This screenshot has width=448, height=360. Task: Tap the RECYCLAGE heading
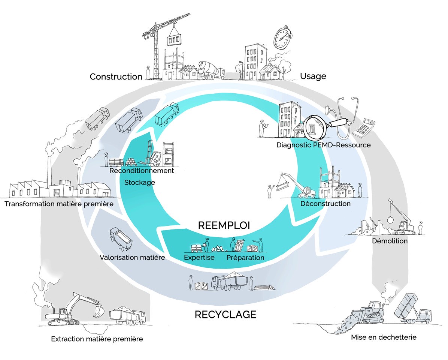coord(225,314)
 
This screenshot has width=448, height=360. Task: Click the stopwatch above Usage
coord(281,38)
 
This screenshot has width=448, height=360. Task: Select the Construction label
coord(116,77)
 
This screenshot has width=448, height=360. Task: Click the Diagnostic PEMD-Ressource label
coord(324,145)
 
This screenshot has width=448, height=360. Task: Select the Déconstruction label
coord(326,204)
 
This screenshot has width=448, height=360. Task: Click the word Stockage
coord(139,183)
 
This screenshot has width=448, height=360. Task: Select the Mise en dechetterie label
coord(384,337)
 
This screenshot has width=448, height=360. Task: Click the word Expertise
coord(199,258)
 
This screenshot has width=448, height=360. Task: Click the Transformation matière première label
coord(59,204)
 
